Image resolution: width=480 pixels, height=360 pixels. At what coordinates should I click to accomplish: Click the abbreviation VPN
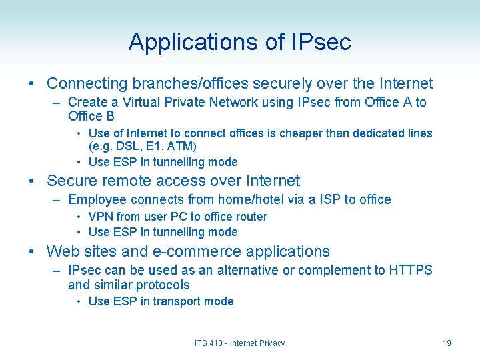(x=101, y=217)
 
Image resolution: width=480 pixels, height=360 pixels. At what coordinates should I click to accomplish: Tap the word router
(x=249, y=217)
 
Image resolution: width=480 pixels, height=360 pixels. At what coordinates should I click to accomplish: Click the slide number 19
(x=447, y=343)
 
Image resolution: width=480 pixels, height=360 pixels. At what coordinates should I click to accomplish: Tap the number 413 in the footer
(x=215, y=343)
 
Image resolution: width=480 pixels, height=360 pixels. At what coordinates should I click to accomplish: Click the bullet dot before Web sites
(x=32, y=252)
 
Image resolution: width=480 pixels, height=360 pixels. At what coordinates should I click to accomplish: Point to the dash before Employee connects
(x=57, y=200)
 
